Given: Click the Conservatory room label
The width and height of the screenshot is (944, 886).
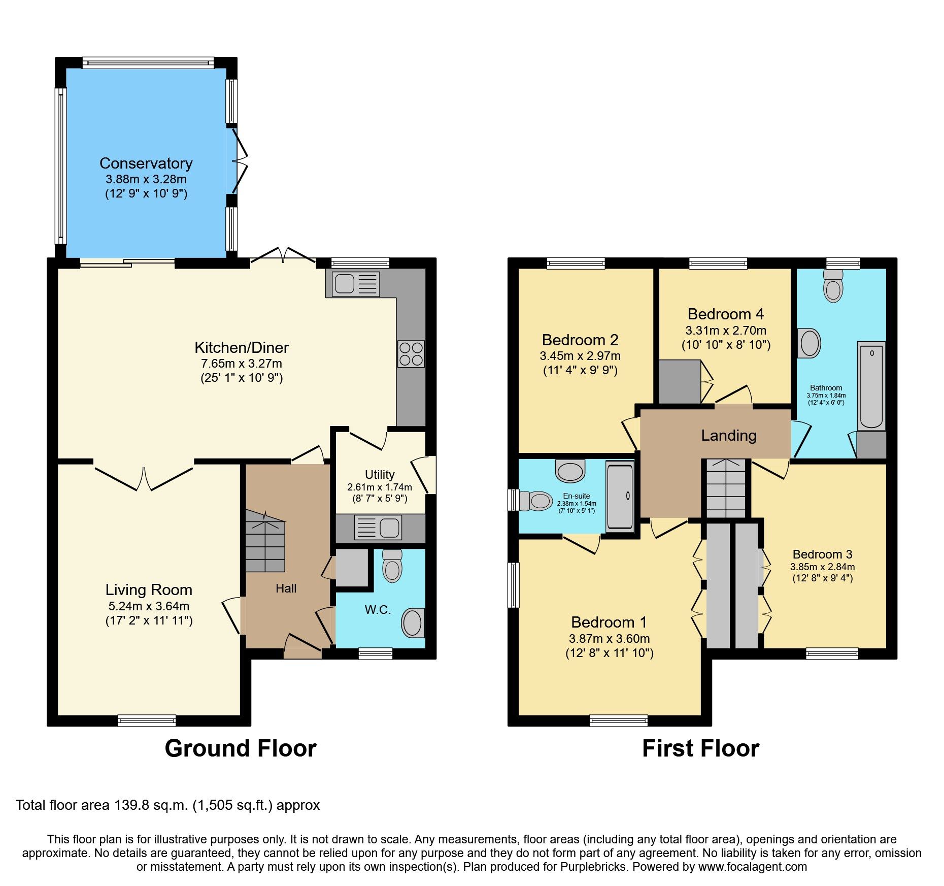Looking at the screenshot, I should click(146, 163).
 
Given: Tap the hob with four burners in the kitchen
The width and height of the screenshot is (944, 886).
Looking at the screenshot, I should click(411, 354).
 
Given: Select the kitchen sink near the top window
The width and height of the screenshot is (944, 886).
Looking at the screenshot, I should click(355, 283).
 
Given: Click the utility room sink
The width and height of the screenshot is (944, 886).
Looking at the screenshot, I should click(378, 528).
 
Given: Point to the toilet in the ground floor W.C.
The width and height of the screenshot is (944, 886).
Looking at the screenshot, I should click(392, 566).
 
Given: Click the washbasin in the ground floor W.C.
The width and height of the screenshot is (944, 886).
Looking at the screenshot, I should click(413, 622).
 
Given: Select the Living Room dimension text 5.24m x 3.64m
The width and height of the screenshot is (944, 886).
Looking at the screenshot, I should click(149, 606).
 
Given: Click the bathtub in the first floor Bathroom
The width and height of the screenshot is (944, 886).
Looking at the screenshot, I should click(871, 386).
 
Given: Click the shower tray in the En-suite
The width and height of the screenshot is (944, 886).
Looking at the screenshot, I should click(620, 496).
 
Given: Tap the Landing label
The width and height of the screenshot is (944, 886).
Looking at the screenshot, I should click(729, 435).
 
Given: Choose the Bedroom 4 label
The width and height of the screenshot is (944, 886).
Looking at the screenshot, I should click(725, 314).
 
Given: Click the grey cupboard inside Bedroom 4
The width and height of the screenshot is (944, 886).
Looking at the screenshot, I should click(680, 382).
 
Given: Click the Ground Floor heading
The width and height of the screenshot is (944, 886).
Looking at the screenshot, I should click(241, 748).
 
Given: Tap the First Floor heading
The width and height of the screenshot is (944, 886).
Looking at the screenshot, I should click(700, 748).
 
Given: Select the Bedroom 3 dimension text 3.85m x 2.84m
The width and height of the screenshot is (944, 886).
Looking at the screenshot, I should click(822, 567).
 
